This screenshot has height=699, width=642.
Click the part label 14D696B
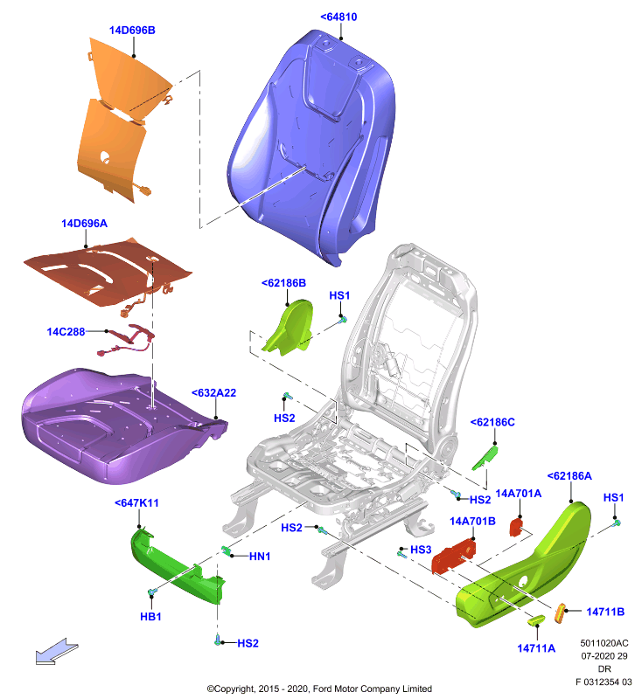click(x=132, y=31)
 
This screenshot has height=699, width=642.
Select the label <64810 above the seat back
click(x=338, y=17)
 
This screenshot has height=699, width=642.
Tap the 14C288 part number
click(x=66, y=332)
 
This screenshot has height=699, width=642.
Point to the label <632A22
click(x=213, y=392)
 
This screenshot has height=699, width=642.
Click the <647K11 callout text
click(x=136, y=503)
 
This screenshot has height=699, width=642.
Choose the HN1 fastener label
click(x=260, y=557)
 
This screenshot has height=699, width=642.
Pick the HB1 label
click(x=150, y=617)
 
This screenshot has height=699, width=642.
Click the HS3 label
click(x=421, y=550)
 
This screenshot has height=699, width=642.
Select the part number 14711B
click(x=605, y=612)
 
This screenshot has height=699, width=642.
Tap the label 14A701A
click(x=519, y=494)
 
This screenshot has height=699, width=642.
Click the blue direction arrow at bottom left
click(x=57, y=652)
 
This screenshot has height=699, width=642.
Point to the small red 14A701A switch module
click(x=516, y=528)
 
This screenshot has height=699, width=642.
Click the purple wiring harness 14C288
click(x=127, y=341)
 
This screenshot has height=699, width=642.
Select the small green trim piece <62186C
click(x=485, y=458)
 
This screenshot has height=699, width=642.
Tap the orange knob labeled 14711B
click(x=560, y=613)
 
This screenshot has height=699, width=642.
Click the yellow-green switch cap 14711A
click(x=536, y=620)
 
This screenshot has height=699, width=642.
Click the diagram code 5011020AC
click(x=604, y=643)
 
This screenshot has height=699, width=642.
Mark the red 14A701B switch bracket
click(x=453, y=556)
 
